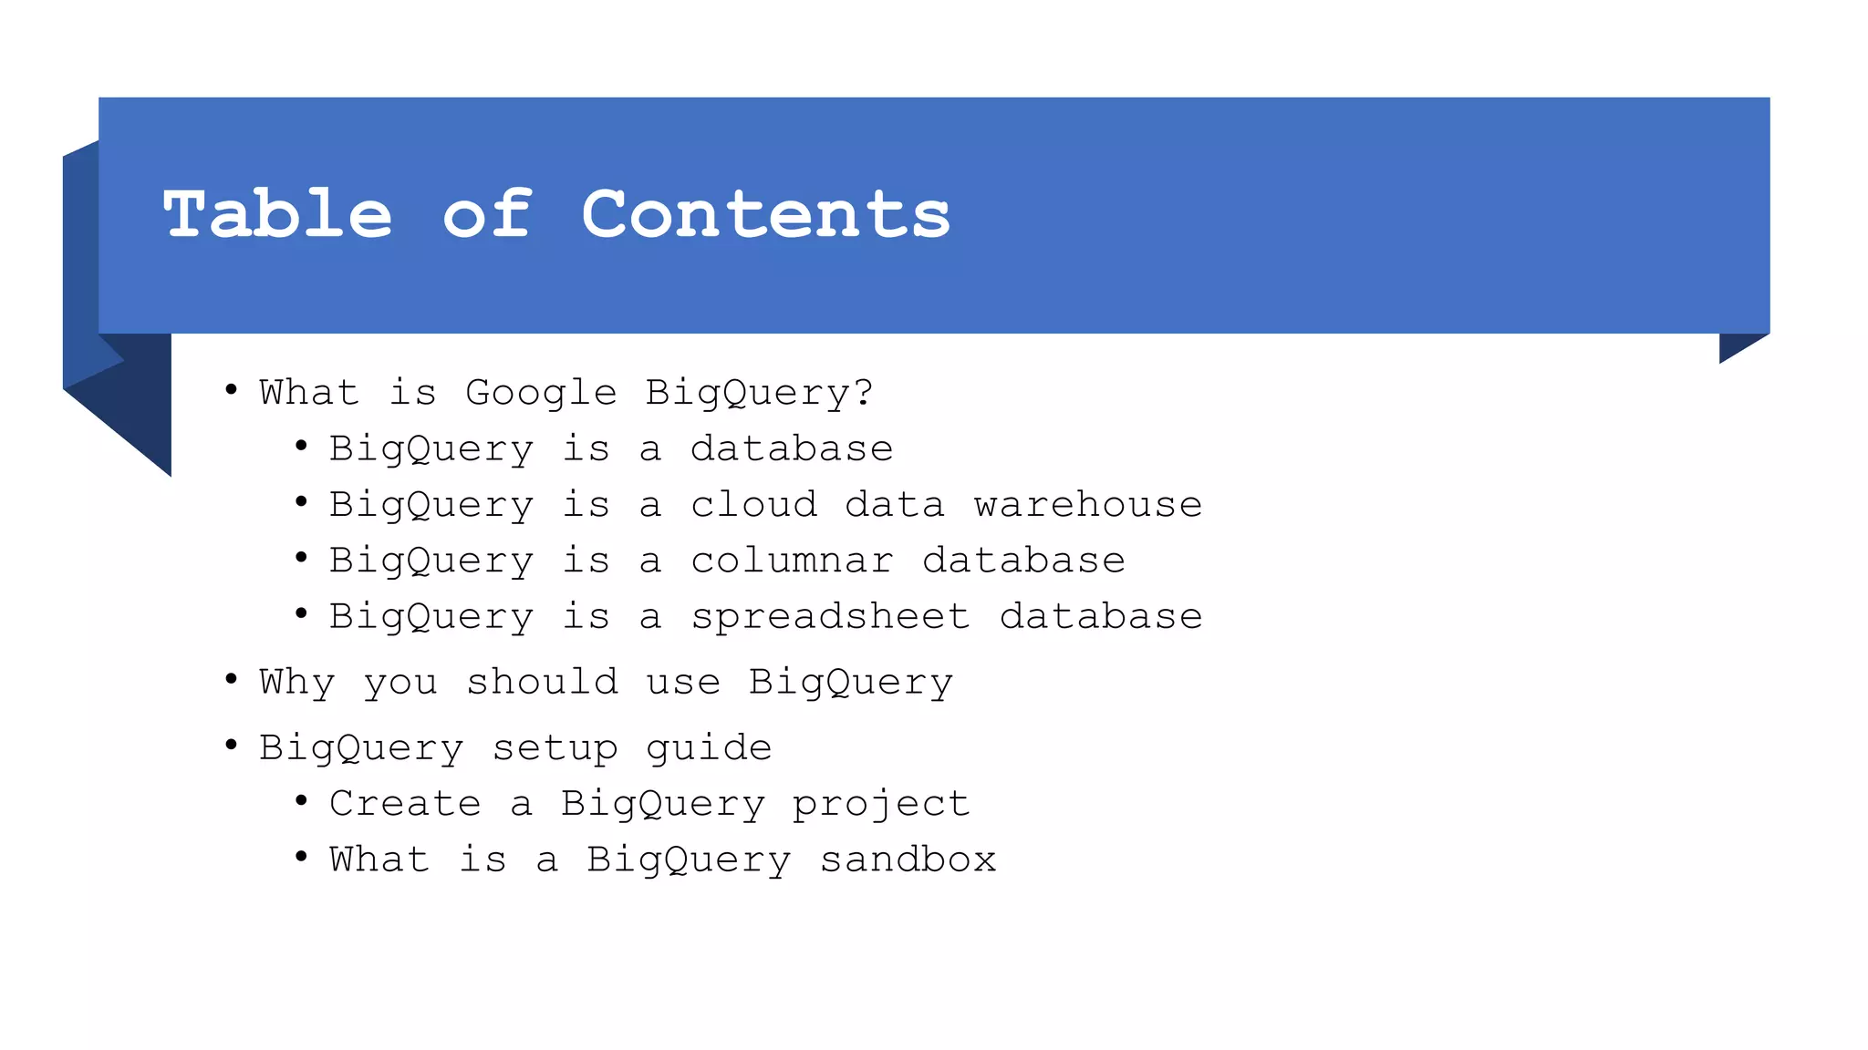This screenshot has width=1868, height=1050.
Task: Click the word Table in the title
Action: (277, 215)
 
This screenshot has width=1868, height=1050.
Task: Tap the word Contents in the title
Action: (765, 215)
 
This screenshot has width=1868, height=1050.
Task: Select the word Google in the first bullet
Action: (541, 393)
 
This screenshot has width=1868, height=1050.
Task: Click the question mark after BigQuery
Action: (863, 392)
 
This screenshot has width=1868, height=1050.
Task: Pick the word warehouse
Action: (1087, 505)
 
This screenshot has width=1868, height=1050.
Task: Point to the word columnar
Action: (792, 561)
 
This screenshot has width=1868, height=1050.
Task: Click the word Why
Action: (297, 683)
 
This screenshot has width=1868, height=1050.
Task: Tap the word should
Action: (542, 682)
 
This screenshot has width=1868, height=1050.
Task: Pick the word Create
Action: (405, 804)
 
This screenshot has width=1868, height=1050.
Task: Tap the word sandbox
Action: (908, 860)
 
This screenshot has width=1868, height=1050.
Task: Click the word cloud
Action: (753, 505)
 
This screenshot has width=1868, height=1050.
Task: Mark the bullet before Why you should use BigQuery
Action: (232, 678)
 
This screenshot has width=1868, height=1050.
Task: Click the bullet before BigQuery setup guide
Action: (232, 745)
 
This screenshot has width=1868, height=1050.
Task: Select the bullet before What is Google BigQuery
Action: (232, 389)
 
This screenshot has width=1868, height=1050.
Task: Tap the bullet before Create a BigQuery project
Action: (301, 800)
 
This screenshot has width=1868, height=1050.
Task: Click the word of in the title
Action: (487, 215)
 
